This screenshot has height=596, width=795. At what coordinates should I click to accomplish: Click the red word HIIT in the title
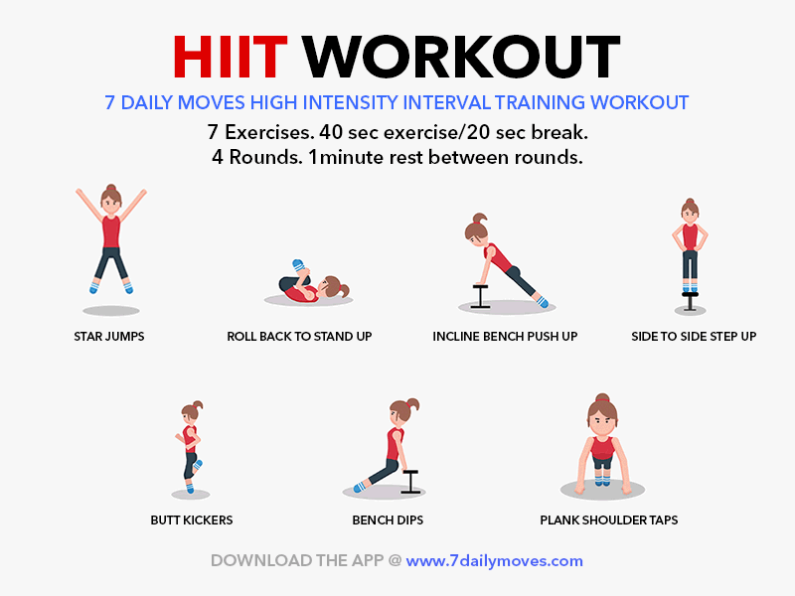pyautogui.click(x=231, y=57)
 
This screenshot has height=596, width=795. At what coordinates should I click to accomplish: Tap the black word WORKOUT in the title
pyautogui.click(x=461, y=57)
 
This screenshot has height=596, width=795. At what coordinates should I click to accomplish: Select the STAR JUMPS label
pyautogui.click(x=109, y=337)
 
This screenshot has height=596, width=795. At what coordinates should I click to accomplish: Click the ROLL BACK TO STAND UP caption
pyautogui.click(x=299, y=337)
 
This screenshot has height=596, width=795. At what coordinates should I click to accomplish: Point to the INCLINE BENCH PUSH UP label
pyautogui.click(x=505, y=337)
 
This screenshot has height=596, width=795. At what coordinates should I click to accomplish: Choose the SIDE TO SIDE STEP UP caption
pyautogui.click(x=694, y=337)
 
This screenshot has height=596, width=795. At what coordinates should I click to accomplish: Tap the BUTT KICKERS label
pyautogui.click(x=192, y=520)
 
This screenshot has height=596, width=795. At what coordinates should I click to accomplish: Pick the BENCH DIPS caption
pyautogui.click(x=388, y=520)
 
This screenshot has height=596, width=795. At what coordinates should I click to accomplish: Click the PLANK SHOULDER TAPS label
pyautogui.click(x=609, y=520)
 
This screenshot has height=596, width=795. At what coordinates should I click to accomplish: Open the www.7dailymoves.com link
pyautogui.click(x=494, y=561)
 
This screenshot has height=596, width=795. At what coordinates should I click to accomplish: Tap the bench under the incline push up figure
pyautogui.click(x=480, y=296)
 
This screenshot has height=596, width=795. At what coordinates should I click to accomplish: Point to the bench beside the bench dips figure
pyautogui.click(x=410, y=482)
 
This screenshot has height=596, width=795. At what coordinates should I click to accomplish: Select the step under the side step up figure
pyautogui.click(x=690, y=301)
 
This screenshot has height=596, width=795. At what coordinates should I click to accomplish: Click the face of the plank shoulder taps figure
pyautogui.click(x=602, y=420)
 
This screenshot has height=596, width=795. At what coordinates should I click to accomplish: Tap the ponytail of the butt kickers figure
pyautogui.click(x=198, y=405)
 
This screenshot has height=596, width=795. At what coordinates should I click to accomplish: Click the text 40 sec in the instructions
pyautogui.click(x=349, y=132)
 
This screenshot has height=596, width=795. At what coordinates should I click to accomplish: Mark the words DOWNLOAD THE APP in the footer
pyautogui.click(x=297, y=560)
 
